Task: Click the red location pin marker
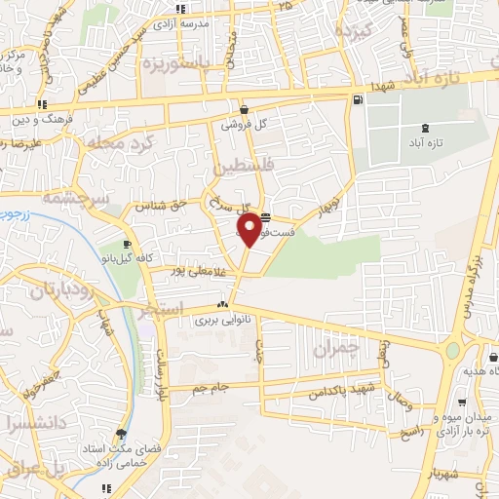click(250, 228)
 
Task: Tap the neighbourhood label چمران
click(337, 348)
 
